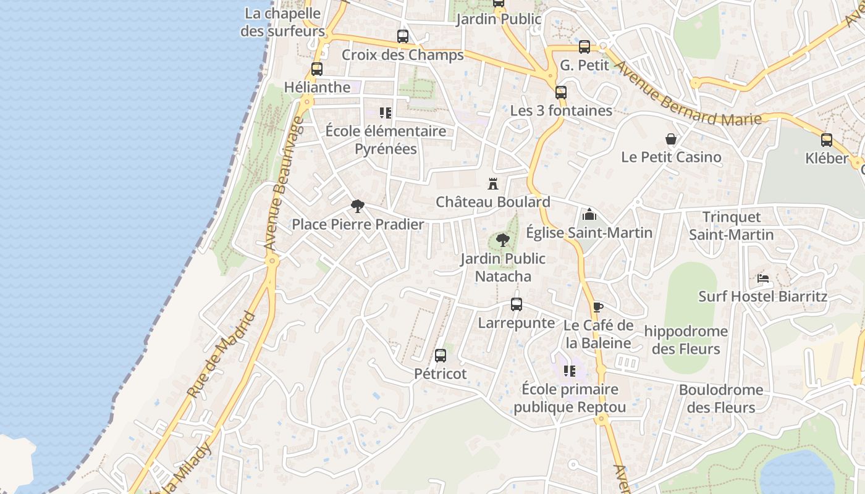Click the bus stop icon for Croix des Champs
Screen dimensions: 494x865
(x=403, y=36)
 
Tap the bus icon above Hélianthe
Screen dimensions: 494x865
(x=317, y=69)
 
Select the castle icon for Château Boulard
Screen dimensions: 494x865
(x=493, y=184)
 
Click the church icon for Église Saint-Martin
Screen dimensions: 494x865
(x=589, y=214)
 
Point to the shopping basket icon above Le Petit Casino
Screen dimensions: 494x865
(x=671, y=139)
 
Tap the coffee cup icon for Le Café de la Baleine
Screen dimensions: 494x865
(x=597, y=307)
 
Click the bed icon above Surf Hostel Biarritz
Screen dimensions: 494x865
(x=763, y=278)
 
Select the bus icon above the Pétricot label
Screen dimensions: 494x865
(x=441, y=356)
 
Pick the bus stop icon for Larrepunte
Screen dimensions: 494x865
(x=517, y=304)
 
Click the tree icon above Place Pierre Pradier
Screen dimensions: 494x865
(x=357, y=206)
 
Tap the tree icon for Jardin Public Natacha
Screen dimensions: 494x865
(x=503, y=240)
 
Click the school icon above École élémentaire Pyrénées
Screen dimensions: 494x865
(x=386, y=113)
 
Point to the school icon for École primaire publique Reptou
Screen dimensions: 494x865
(x=570, y=371)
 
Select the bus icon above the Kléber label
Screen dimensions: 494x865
(x=827, y=140)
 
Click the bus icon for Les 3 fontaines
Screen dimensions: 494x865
(x=561, y=93)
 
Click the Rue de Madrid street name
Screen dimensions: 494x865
(x=221, y=355)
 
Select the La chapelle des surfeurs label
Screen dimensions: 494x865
(x=282, y=22)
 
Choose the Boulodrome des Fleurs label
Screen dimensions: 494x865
(x=721, y=399)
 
